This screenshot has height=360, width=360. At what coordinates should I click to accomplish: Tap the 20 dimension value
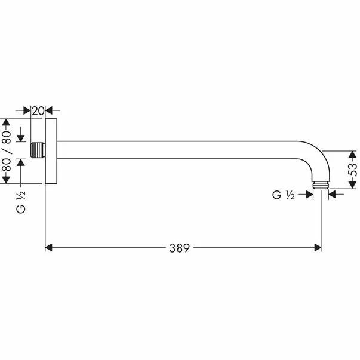click(x=38, y=110)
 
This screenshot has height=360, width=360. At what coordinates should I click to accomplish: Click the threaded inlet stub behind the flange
click(x=38, y=150)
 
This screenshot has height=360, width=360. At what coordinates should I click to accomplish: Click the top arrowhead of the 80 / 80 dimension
click(x=7, y=123)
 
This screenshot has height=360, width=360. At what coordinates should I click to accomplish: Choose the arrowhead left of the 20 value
click(x=27, y=110)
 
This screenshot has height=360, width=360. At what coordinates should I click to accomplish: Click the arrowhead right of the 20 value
click(x=49, y=110)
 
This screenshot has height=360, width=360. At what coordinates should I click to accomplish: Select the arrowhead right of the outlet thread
click(x=332, y=193)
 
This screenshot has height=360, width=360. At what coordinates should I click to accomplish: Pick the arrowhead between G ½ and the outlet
click(x=310, y=193)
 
